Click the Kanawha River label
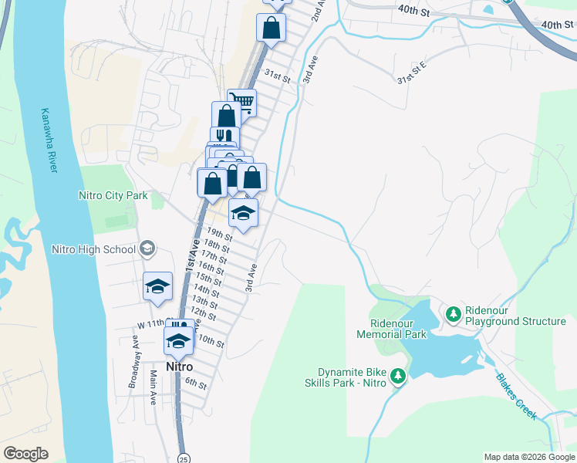point(48,140)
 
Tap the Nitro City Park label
point(113,195)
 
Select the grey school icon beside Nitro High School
point(147,248)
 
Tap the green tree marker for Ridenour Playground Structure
point(454,314)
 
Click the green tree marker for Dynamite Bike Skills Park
point(398,376)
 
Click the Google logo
point(25,454)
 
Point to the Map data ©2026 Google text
point(528,457)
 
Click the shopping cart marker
point(242,101)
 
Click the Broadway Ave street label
point(135,361)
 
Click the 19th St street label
point(219,234)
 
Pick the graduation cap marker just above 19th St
point(244,214)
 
